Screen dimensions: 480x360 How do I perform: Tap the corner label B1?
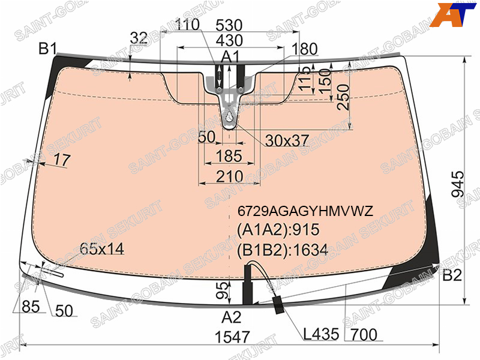(48, 49)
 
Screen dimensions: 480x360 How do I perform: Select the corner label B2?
(452, 275)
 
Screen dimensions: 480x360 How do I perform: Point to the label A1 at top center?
(230, 56)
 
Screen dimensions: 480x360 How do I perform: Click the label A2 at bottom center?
(232, 317)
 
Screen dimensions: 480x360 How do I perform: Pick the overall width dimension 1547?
(232, 337)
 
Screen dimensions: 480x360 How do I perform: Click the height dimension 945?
(458, 184)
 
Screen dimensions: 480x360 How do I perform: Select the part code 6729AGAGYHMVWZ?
(305, 211)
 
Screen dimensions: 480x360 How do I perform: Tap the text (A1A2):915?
(278, 230)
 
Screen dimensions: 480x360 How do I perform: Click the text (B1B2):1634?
(282, 250)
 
